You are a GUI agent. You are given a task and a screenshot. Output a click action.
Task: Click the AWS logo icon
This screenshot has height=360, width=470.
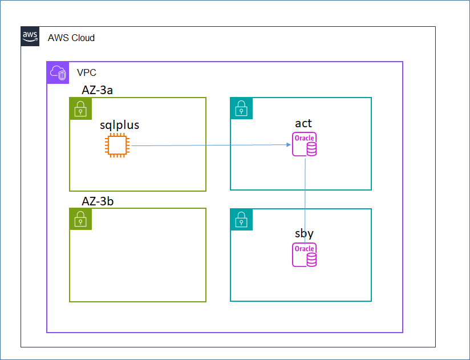pos(30,37)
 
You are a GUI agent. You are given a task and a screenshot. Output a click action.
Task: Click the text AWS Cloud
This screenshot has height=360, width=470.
pos(71,38)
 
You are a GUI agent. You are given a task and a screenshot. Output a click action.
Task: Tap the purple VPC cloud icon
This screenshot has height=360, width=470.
pos(58,72)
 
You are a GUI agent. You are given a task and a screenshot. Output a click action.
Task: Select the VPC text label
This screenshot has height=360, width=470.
pos(87,74)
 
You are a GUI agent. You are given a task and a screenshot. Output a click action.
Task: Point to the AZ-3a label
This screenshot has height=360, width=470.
pos(100,90)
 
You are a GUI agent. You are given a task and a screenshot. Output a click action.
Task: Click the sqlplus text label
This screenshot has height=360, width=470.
pos(120,125)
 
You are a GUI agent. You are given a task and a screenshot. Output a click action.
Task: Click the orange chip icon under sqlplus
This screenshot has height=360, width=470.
pos(117,145)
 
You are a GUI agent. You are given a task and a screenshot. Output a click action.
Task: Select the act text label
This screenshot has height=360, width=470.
pos(303,124)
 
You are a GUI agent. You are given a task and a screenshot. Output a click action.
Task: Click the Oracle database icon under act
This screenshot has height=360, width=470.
pos(305,144)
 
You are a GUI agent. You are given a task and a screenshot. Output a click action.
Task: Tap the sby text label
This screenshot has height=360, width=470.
pos(304,234)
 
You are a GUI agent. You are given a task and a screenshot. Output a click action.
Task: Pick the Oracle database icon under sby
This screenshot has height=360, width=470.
pos(305,255)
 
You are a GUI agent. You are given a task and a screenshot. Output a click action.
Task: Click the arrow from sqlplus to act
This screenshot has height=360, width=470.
pos(211,145)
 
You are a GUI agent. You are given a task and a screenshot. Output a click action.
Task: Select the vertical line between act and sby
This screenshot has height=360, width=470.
pos(306,200)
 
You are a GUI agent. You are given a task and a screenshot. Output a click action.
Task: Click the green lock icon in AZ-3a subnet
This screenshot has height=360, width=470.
pos(80,108)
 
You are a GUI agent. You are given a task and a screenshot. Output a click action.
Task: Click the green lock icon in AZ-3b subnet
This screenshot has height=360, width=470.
pos(80,219)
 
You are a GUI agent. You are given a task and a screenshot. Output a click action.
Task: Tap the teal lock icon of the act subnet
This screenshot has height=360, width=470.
pos(241,108)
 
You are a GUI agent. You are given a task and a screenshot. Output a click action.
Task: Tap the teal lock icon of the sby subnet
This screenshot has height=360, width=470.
pos(241,219)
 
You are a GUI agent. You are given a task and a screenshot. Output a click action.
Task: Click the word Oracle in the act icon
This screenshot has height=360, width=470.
pos(304,138)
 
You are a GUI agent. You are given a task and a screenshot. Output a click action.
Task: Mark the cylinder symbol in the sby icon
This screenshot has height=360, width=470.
pos(311,260)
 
